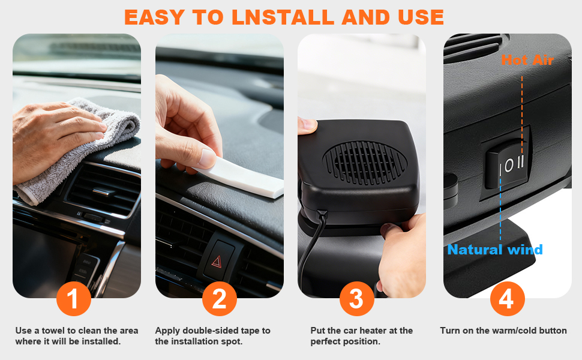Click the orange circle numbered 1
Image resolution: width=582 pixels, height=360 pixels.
tap(73, 299)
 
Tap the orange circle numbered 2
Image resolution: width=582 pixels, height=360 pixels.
tap(220, 299)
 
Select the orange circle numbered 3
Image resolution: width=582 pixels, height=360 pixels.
tap(356, 299)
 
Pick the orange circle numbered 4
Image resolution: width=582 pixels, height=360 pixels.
tap(508, 299)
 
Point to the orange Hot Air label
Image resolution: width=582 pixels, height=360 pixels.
tap(527, 60)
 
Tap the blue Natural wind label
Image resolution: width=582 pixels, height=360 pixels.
tap(495, 250)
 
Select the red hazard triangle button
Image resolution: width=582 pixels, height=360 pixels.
tap(217, 262)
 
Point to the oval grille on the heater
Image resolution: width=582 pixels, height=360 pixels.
tap(364, 163)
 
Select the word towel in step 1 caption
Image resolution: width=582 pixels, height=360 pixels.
tap(53, 331)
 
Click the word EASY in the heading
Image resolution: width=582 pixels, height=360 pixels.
tap(154, 17)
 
